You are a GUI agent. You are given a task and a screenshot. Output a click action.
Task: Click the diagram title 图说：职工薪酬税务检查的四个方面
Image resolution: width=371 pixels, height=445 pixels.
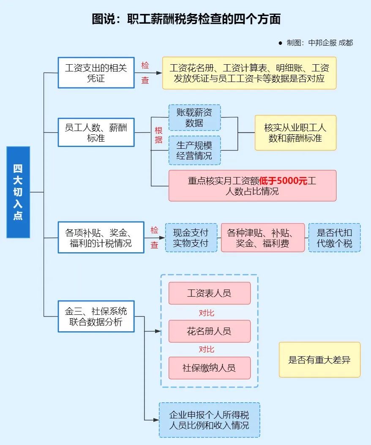tap(186, 19)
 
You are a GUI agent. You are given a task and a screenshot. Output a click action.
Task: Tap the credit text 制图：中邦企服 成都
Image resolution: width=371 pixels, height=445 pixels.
tap(319, 43)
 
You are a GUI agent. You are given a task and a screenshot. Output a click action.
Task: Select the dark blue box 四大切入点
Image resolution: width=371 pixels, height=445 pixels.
tap(18, 192)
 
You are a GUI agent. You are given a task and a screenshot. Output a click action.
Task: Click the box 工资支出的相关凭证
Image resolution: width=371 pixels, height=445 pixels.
tap(96, 72)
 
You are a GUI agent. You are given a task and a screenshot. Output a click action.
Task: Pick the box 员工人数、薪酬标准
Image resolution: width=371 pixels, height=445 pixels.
tap(96, 132)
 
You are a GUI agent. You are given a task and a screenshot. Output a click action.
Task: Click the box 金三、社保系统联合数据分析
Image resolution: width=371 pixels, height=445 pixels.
tap(96, 316)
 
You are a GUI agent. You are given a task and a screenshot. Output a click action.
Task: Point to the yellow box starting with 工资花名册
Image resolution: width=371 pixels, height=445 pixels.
tap(249, 73)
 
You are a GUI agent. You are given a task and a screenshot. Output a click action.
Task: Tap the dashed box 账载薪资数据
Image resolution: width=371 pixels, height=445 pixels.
tap(194, 117)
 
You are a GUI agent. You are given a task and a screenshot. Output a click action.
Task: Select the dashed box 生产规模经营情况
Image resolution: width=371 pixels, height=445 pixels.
tap(194, 150)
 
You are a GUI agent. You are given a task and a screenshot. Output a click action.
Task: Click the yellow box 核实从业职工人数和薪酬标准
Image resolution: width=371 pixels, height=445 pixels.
tap(295, 133)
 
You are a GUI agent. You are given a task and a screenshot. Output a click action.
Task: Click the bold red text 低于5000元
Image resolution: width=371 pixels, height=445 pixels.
tap(283, 181)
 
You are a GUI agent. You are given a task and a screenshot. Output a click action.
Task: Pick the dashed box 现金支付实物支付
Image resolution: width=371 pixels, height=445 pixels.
tap(191, 238)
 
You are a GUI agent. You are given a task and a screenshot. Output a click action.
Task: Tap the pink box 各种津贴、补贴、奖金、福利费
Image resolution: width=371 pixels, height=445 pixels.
tap(262, 238)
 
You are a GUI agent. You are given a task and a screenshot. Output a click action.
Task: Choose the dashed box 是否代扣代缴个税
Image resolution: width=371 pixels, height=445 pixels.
tap(334, 238)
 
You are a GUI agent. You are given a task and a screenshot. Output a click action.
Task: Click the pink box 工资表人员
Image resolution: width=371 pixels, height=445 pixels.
tap(209, 293)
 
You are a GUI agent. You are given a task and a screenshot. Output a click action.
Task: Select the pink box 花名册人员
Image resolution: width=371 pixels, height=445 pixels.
tap(209, 331)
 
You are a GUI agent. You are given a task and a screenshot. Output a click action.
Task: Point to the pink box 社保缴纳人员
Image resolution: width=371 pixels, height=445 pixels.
tap(209, 368)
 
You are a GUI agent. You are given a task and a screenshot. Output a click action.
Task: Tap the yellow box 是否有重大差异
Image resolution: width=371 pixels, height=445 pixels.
tap(319, 360)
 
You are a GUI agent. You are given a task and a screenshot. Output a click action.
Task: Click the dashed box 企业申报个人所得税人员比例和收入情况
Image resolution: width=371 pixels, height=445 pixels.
tap(209, 420)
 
